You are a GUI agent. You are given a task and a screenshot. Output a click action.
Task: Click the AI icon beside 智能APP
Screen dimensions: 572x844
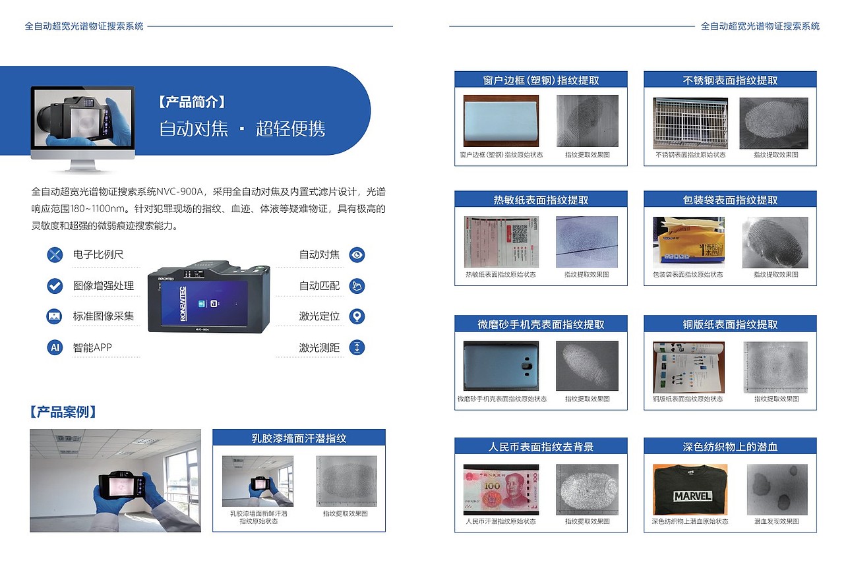55,347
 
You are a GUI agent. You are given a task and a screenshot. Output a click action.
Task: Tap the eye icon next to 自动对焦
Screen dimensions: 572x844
357,254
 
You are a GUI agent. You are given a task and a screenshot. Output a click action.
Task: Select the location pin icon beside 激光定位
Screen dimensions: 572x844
357,316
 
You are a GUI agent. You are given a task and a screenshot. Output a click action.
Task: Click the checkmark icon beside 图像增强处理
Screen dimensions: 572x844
55,285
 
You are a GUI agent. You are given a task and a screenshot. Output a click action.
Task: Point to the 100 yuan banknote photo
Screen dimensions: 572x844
500,490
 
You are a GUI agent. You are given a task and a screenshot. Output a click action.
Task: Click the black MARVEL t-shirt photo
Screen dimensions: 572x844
690,490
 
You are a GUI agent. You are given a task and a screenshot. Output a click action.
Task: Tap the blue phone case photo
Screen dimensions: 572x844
501,366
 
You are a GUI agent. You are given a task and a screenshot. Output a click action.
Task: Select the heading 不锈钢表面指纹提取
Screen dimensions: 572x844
730,80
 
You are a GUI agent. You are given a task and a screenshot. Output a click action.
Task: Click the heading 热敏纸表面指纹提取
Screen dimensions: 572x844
541,200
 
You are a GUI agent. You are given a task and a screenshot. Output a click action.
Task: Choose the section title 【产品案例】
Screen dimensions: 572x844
64,413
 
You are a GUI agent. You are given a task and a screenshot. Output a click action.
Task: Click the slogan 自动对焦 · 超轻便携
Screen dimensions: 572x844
242,128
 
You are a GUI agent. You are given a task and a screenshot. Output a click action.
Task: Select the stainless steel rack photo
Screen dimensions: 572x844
690,123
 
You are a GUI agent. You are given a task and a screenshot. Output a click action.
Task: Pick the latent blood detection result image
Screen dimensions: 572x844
777,490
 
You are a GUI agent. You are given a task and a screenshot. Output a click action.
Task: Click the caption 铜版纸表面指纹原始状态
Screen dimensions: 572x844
688,399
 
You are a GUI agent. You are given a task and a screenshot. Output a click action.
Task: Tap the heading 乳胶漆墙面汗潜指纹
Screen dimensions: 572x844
299,438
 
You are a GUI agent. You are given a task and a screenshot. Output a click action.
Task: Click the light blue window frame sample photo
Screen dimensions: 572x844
500,121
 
